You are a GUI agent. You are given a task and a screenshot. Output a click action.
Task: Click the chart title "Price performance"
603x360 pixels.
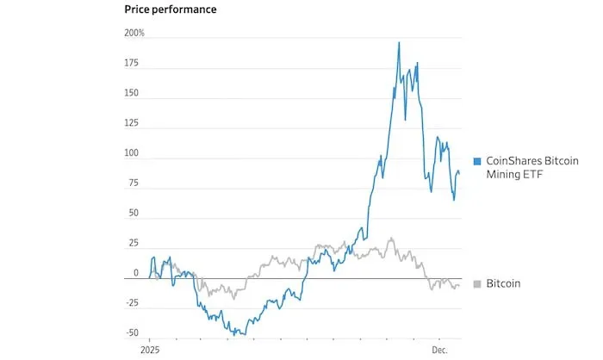coord(171,9)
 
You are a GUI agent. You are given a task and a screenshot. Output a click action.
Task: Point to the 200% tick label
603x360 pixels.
coord(135,33)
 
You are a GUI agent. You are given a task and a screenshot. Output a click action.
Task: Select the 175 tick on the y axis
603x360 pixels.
coord(131,64)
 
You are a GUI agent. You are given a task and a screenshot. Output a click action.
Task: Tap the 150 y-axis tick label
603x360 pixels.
coord(131,94)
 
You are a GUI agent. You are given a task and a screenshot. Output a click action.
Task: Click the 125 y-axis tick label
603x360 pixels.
coord(131,124)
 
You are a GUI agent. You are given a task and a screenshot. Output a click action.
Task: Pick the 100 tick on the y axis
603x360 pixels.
coord(131,153)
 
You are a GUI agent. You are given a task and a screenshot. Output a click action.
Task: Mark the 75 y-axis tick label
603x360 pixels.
coord(133,183)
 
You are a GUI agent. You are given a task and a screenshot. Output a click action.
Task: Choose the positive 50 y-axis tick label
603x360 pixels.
coord(133,213)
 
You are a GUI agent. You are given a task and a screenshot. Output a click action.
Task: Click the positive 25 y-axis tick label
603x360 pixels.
coord(133,243)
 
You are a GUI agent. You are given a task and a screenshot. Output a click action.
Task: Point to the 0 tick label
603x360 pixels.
coord(135,273)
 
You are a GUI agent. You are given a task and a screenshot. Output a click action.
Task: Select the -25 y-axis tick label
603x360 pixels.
coord(131,303)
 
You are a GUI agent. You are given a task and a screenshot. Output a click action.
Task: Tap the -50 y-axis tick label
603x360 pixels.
coord(131,332)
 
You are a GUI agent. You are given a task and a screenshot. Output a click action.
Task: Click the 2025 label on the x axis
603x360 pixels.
coord(150,351)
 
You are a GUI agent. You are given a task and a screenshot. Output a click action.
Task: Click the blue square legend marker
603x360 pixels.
coord(477,162)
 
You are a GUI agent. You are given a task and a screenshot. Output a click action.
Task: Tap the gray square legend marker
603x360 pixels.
coord(477,283)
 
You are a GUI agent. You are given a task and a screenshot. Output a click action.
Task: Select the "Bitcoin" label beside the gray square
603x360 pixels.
coord(503,283)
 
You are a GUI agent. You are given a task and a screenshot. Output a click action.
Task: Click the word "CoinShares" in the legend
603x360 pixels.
coord(513,162)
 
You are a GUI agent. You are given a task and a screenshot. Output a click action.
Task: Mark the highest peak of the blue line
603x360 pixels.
coord(399,42)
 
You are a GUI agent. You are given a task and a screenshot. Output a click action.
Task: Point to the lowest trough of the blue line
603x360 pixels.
coord(245,334)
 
